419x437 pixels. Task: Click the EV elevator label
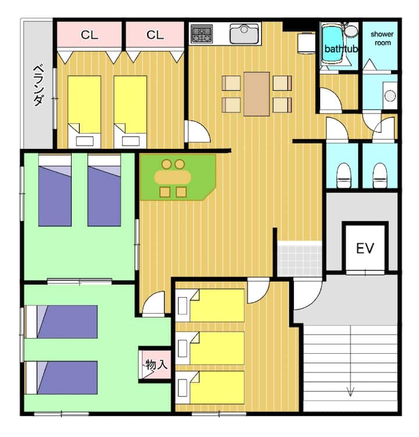point(365,248)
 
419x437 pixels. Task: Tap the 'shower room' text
point(382,38)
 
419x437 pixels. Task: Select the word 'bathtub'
point(341,49)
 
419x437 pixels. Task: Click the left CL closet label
point(90,35)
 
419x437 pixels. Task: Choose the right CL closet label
point(155,35)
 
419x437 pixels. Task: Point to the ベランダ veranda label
point(38,86)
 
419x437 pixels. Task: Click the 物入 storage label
point(157,364)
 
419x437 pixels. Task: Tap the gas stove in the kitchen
point(202,34)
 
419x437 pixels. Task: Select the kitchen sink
point(244,34)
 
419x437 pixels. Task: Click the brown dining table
point(257,94)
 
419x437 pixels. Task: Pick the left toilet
point(343,176)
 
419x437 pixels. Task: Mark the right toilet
point(379,176)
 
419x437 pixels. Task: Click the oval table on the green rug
point(173,177)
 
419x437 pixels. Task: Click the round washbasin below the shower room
point(390,96)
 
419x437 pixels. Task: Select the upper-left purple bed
point(55,190)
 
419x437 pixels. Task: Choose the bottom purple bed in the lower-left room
point(61,378)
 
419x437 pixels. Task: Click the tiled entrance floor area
point(300,258)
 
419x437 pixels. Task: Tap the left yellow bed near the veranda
point(84,112)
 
